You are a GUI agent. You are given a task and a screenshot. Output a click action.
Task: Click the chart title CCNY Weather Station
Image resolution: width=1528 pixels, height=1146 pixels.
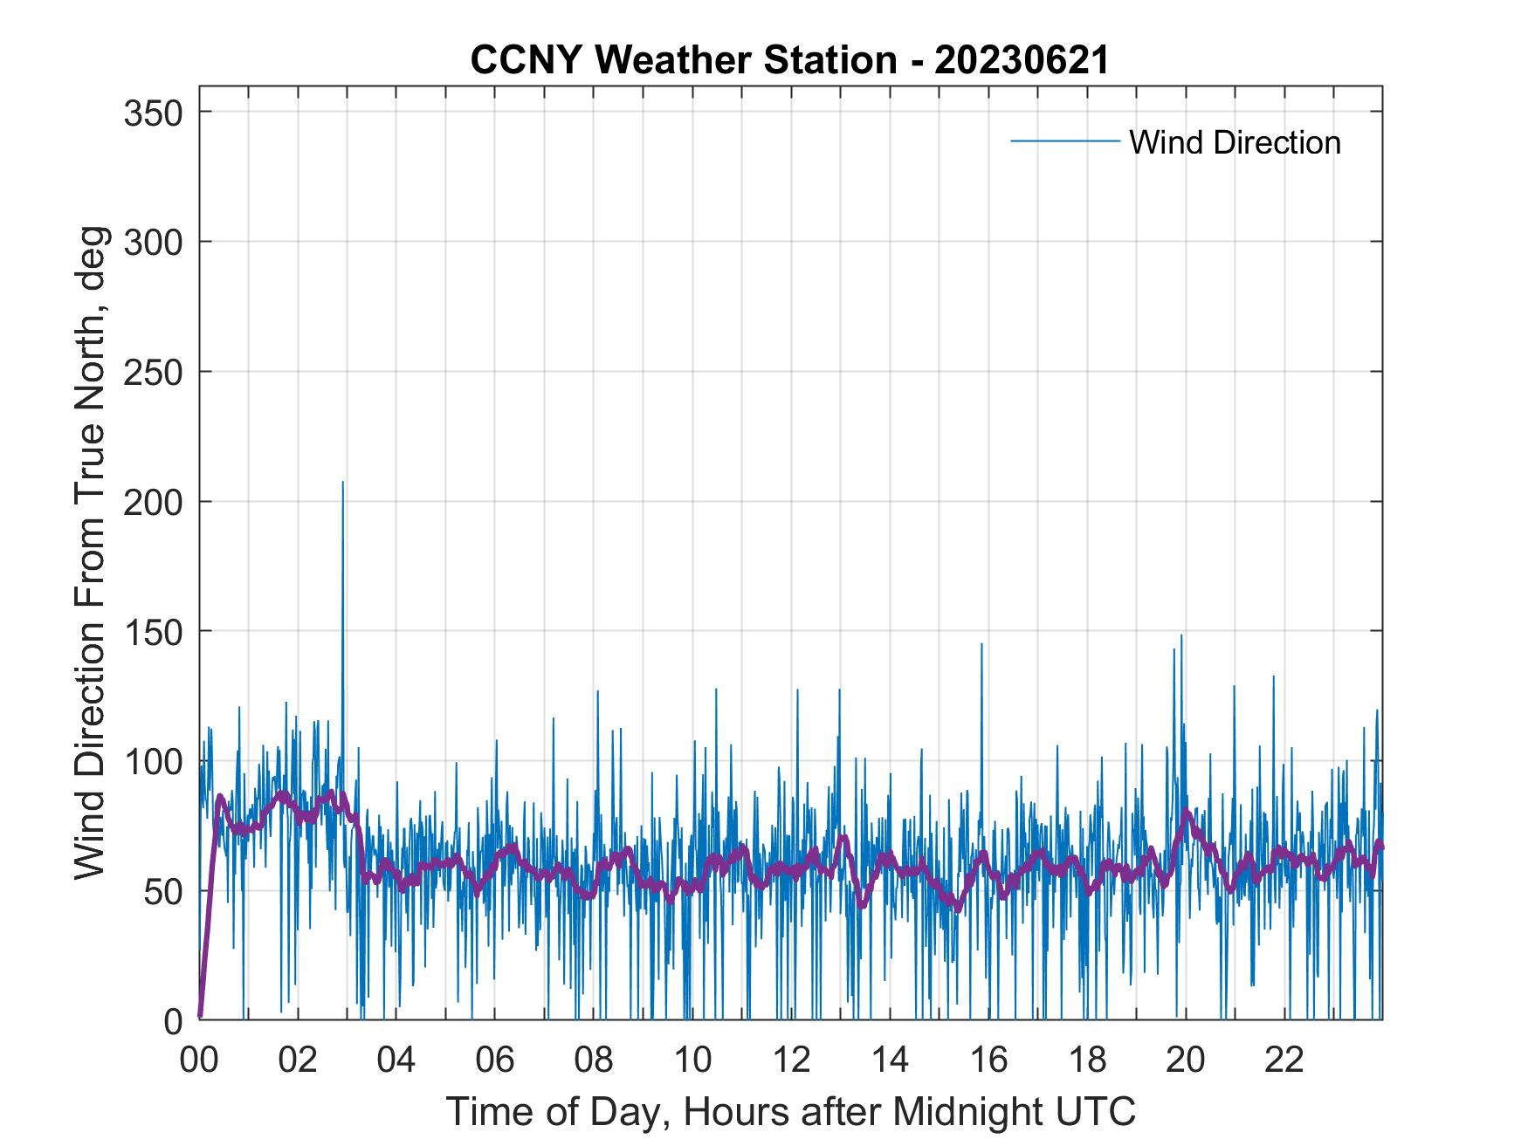[x=683, y=60]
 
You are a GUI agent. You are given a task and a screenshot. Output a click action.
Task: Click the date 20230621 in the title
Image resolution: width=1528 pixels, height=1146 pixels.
[x=1021, y=60]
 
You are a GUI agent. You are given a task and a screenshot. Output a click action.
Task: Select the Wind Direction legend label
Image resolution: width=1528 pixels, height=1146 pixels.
[x=1235, y=142]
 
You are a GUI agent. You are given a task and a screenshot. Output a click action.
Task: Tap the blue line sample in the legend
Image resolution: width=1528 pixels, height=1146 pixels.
[x=1064, y=141]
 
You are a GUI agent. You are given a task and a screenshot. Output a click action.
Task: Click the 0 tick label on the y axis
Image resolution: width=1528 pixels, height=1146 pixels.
[x=174, y=1021]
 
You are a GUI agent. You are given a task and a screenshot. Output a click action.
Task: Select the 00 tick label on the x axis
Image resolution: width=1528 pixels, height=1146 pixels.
[x=199, y=1060]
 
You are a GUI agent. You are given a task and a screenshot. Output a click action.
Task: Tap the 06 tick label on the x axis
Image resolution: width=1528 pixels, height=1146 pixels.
[x=495, y=1060]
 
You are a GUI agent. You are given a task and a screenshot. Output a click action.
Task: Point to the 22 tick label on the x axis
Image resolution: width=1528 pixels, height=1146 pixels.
[x=1284, y=1060]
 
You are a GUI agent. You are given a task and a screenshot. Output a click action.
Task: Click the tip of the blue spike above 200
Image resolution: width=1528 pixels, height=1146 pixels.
[x=342, y=482]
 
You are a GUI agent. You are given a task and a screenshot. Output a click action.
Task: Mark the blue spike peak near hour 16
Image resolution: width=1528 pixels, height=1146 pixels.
[x=981, y=644]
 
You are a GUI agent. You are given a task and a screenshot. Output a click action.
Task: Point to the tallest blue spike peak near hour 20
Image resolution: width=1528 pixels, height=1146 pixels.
[x=1181, y=635]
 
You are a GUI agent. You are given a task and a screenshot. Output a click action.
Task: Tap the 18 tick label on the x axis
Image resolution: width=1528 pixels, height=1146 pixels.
[x=1087, y=1060]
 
